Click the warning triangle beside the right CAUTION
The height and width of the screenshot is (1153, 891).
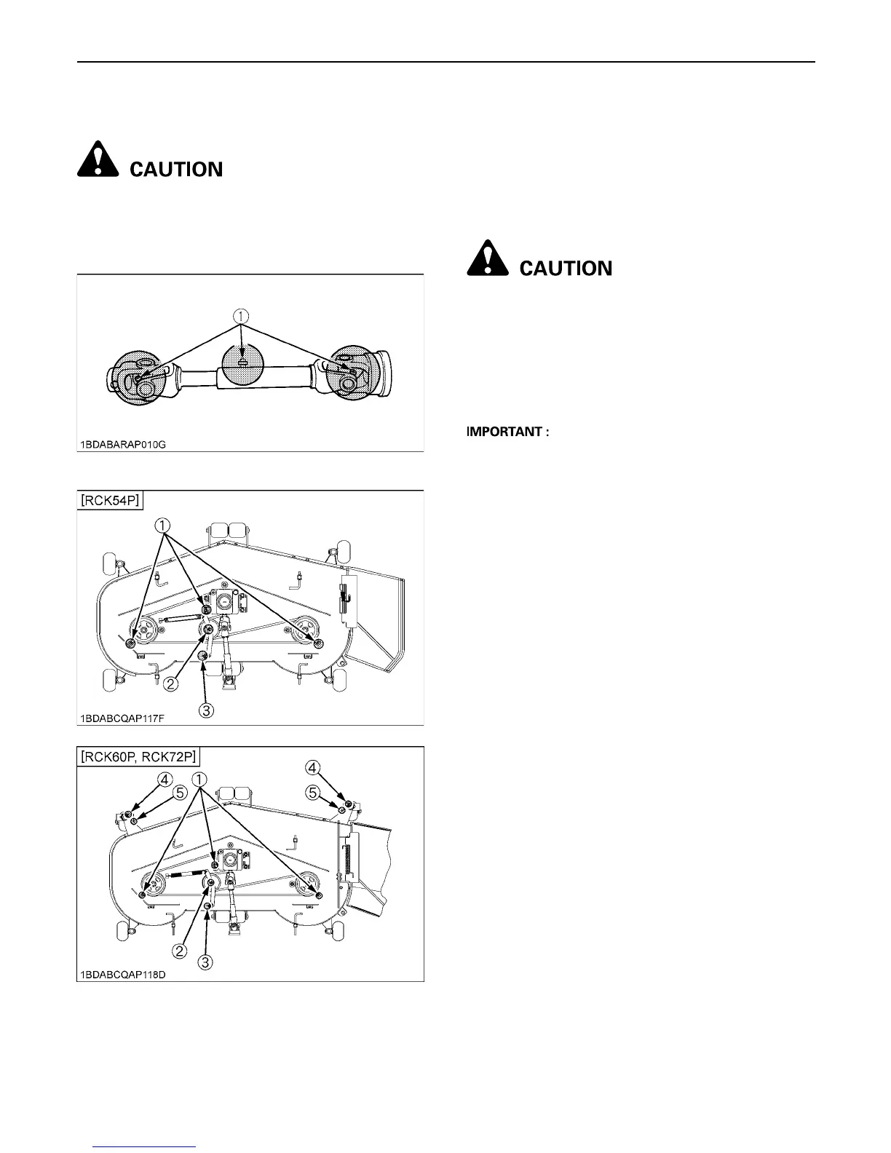coord(488,259)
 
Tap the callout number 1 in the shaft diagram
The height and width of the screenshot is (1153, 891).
coord(240,316)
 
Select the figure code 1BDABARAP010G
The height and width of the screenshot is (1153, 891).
coord(124,444)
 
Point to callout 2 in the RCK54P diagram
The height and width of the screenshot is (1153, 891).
coord(171,684)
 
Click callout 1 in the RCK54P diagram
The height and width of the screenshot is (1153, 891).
coord(163,524)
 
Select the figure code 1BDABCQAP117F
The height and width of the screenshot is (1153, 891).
coord(123,718)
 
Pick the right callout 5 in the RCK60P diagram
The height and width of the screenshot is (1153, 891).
coord(313,793)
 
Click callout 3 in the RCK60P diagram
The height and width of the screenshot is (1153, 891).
coord(206,962)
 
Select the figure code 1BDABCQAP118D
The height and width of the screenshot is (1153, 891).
coord(124,974)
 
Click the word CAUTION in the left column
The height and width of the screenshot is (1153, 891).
coord(176,170)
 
